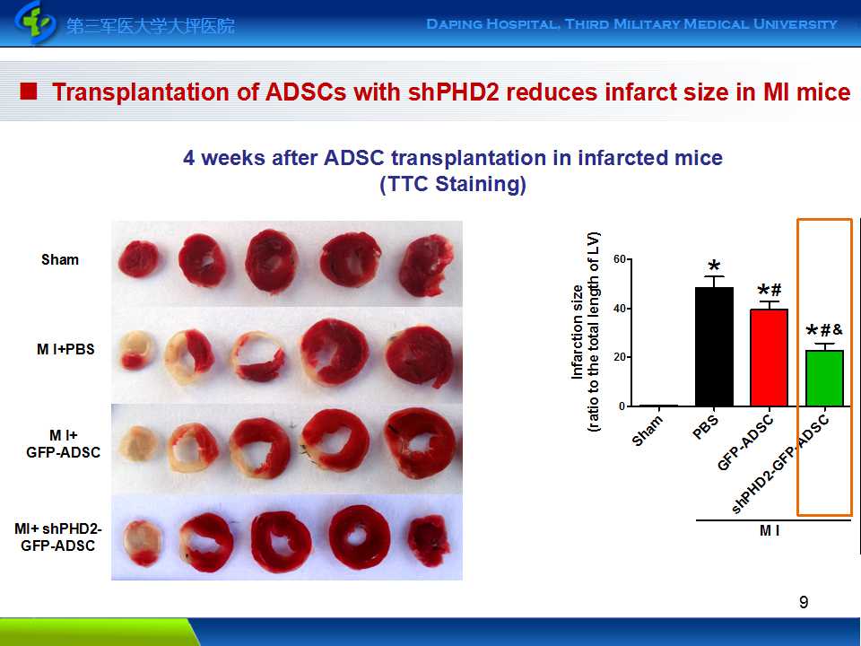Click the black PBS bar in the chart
(x=714, y=346)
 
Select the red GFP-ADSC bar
(x=769, y=358)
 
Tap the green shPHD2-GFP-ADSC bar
(x=824, y=379)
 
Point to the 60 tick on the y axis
(x=620, y=259)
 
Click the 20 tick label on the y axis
(x=620, y=357)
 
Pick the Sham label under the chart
(x=648, y=430)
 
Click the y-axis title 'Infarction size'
(x=577, y=332)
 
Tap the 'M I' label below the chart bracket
(x=770, y=530)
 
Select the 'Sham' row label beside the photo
(x=60, y=259)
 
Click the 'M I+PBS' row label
(x=65, y=349)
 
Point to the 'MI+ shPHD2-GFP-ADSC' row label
(x=57, y=537)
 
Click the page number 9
(x=804, y=603)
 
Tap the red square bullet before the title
(x=29, y=92)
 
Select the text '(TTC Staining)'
(x=453, y=184)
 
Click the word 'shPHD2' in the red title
(x=454, y=92)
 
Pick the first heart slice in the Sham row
(x=139, y=258)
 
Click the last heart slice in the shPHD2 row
(x=429, y=540)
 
